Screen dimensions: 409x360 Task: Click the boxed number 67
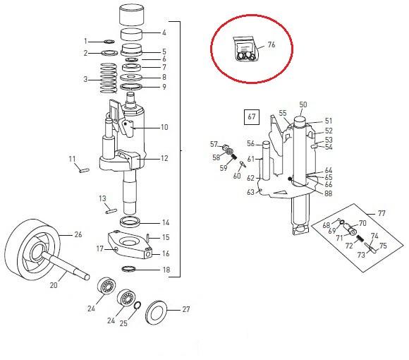point(252,116)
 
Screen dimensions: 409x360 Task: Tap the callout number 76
point(271,44)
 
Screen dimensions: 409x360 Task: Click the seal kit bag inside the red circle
point(244,49)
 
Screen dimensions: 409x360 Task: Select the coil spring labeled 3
point(109,78)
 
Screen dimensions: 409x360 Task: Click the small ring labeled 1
point(109,41)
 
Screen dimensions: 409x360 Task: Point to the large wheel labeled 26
point(32,250)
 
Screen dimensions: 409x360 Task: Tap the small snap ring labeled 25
point(138,305)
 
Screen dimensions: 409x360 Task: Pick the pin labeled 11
point(84,171)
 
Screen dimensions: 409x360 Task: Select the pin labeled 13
point(111,210)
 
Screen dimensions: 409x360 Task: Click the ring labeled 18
point(129,268)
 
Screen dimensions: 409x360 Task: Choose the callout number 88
point(328,193)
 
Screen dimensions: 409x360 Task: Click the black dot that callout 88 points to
point(289,179)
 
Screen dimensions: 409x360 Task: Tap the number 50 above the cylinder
point(303,104)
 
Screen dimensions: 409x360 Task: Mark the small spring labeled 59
point(234,157)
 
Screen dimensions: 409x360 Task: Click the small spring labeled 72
point(360,238)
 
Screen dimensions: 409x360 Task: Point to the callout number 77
point(381,213)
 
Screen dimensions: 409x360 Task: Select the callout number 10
point(164,127)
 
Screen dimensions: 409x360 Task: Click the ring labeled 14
point(130,222)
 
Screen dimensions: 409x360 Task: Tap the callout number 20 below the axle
point(54,285)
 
